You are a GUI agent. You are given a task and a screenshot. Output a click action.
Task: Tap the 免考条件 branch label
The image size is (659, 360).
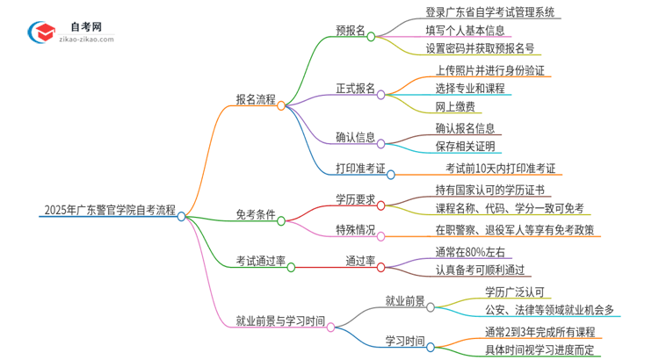click(255, 213)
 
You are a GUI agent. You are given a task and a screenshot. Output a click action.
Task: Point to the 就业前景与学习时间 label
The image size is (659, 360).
click(280, 320)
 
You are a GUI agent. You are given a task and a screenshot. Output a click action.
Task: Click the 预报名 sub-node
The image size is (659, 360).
click(351, 30)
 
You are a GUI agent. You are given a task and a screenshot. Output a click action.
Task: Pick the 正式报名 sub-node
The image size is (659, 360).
click(355, 88)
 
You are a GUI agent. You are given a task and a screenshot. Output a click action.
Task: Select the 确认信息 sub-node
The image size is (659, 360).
click(355, 137)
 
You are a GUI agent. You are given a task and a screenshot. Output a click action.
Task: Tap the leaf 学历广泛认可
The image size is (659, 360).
click(515, 292)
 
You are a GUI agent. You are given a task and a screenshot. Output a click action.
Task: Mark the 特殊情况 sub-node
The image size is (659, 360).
click(355, 231)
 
